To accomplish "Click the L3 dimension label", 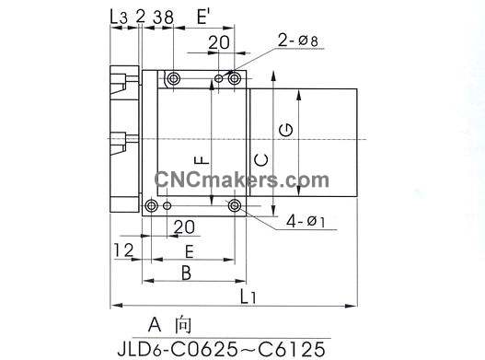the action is (119, 17).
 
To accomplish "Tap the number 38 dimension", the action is (163, 17).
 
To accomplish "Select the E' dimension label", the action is (203, 17).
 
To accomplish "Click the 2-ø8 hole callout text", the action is (297, 41).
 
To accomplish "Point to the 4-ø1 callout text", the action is (306, 221).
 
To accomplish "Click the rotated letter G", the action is (285, 130).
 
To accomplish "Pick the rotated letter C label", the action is (261, 160).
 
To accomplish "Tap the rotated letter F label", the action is (202, 159).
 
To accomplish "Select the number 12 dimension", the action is (123, 250).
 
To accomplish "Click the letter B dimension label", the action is (186, 273).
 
